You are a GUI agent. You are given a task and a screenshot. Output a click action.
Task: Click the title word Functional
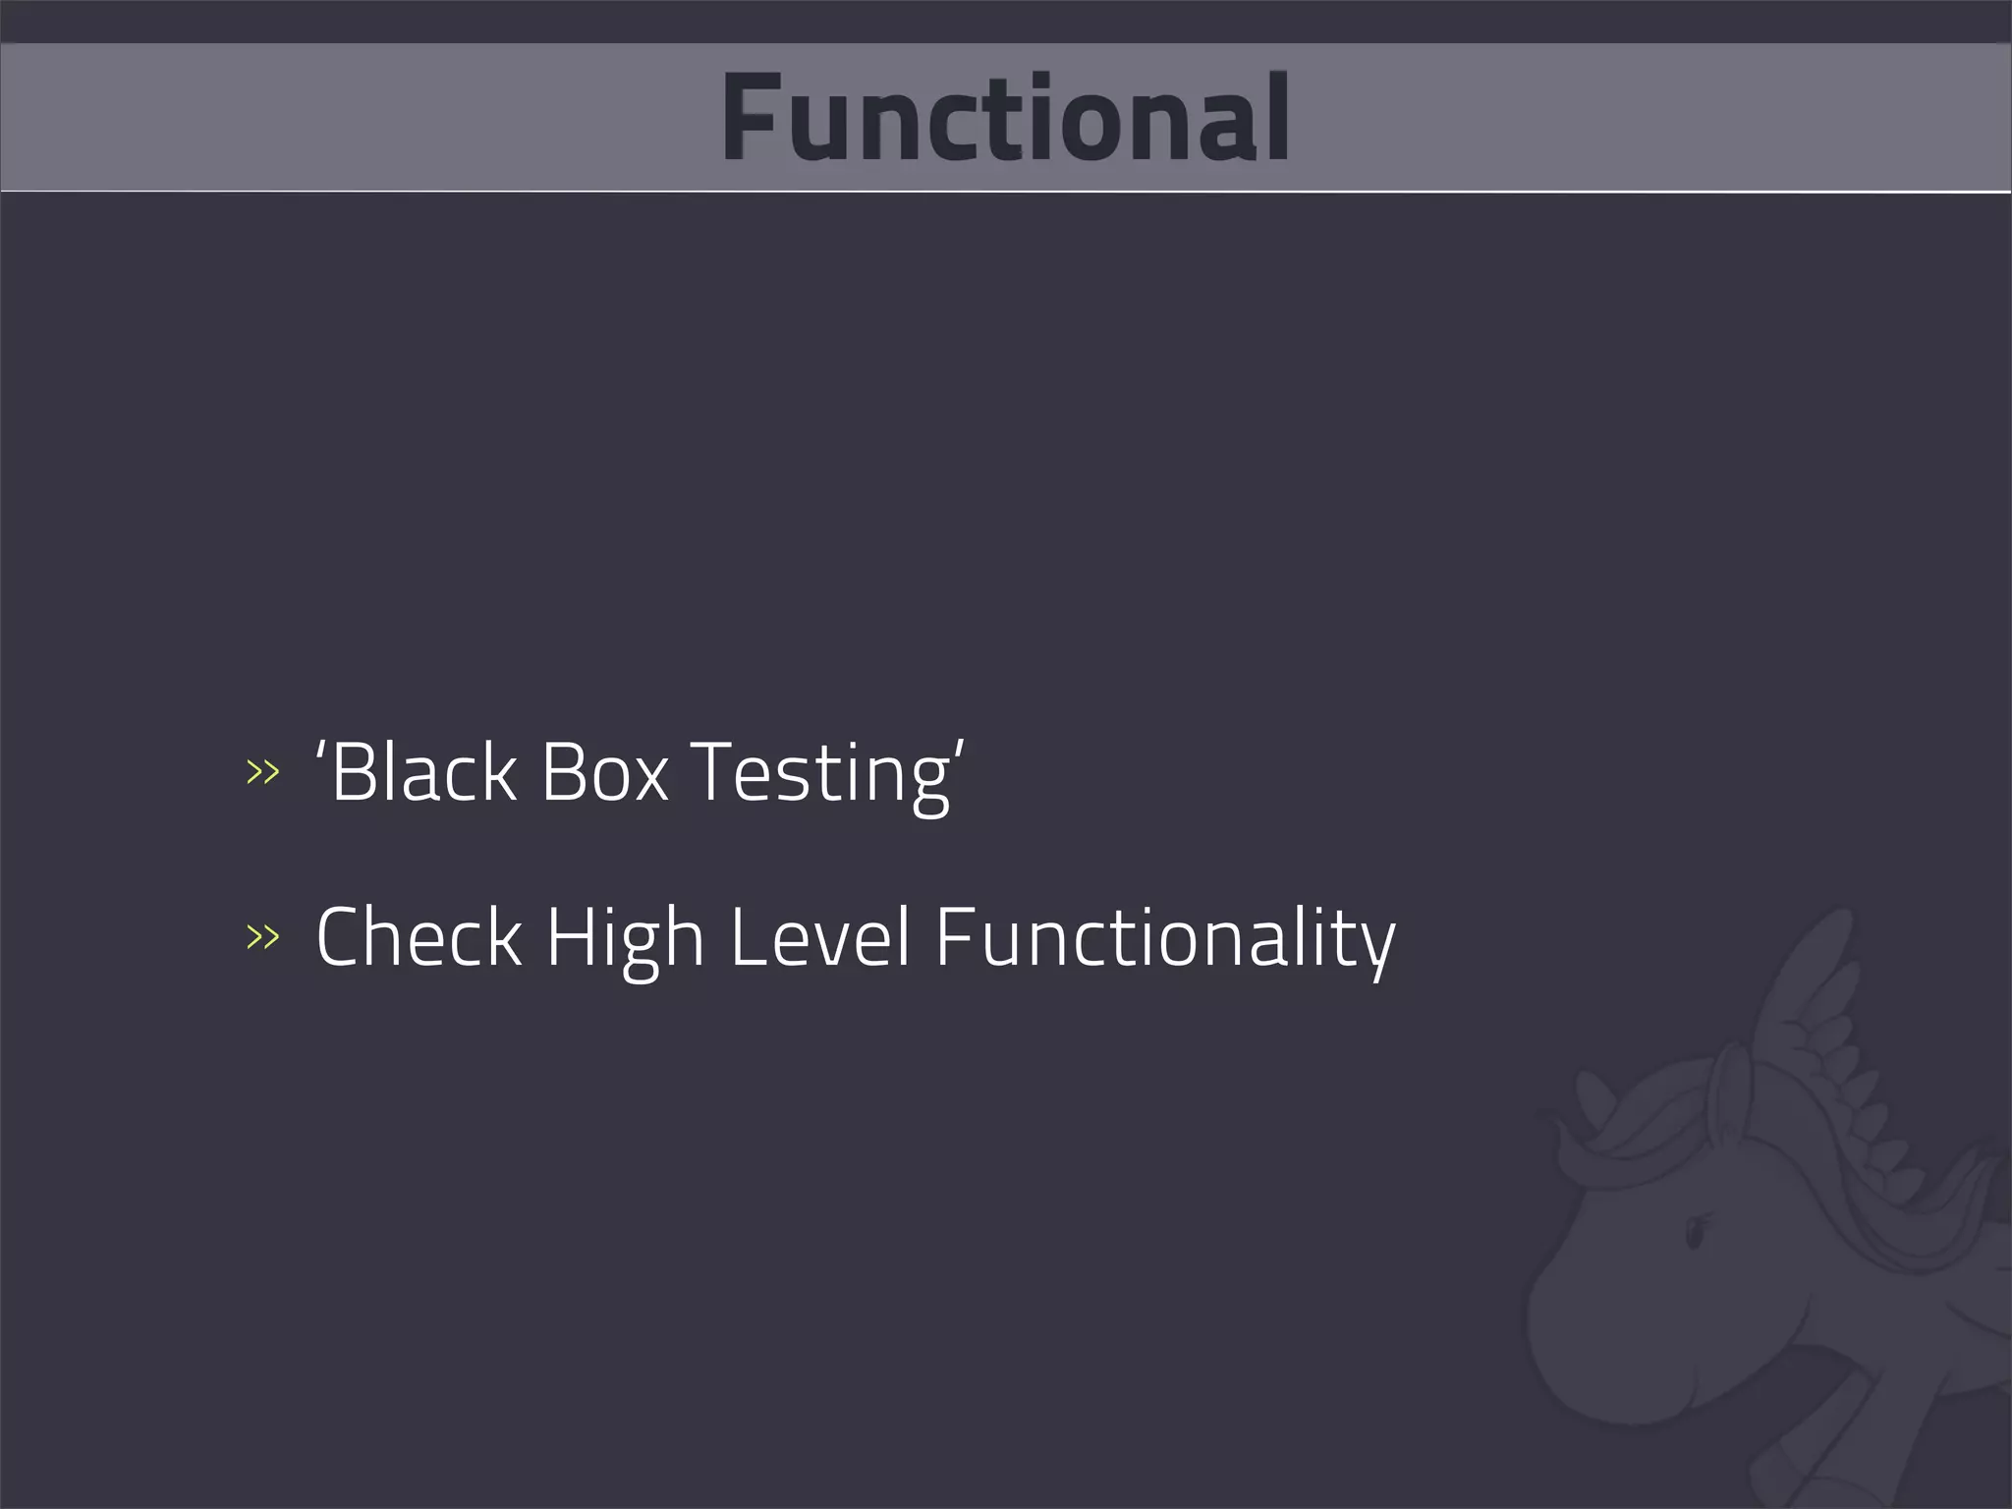[x=1005, y=118]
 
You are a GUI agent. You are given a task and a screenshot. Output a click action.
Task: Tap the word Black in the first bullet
[x=423, y=772]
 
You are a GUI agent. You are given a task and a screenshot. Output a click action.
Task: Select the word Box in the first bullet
[x=604, y=772]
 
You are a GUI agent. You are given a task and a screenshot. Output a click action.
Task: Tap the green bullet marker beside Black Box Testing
[x=262, y=772]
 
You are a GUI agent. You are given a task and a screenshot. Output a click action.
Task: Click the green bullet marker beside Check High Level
[x=262, y=937]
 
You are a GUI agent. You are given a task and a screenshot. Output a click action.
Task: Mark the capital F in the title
[x=752, y=118]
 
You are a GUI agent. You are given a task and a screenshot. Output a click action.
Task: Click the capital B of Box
[x=562, y=772]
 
